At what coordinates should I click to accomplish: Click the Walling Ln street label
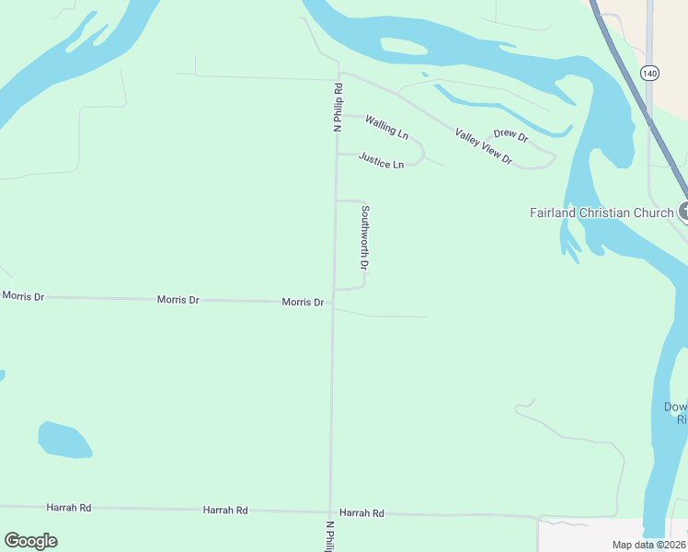pyautogui.click(x=386, y=127)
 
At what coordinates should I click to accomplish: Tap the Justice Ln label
pyautogui.click(x=381, y=161)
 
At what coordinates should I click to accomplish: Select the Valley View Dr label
pyautogui.click(x=483, y=146)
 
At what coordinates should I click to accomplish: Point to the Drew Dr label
pyautogui.click(x=510, y=136)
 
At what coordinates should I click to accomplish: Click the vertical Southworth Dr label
pyautogui.click(x=365, y=236)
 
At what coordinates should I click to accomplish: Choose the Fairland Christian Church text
pyautogui.click(x=602, y=213)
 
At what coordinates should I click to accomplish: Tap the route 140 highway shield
pyautogui.click(x=650, y=72)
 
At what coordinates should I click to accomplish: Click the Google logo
pyautogui.click(x=30, y=541)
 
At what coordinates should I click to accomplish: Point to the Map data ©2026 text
pyautogui.click(x=649, y=545)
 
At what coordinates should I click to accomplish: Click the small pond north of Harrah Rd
pyautogui.click(x=63, y=440)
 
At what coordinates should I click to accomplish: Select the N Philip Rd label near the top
pyautogui.click(x=338, y=107)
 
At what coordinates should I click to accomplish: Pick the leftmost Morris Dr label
pyautogui.click(x=23, y=296)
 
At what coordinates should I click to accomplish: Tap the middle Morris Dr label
pyautogui.click(x=178, y=300)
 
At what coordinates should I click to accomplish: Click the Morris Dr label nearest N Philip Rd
pyautogui.click(x=303, y=302)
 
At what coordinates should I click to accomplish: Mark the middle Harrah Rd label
pyautogui.click(x=225, y=510)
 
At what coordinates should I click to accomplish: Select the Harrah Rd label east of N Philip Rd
pyautogui.click(x=361, y=512)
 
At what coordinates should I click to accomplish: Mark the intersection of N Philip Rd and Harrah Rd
pyautogui.click(x=330, y=512)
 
